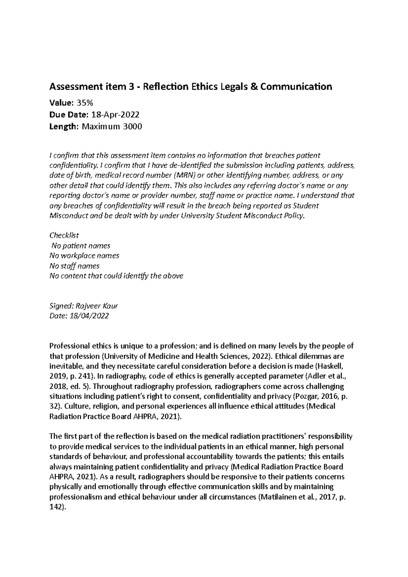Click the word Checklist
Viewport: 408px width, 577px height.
[64, 235]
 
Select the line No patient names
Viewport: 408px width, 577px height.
[81, 245]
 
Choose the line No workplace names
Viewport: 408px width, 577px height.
[84, 256]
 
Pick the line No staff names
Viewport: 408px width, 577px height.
[74, 266]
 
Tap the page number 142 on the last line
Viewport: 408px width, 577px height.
[56, 507]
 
